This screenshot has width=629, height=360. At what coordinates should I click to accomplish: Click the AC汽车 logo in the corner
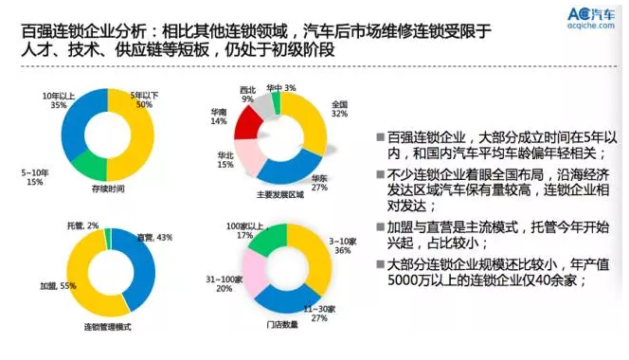[x=584, y=17]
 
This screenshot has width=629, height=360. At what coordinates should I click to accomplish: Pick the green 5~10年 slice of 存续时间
[x=91, y=163]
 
